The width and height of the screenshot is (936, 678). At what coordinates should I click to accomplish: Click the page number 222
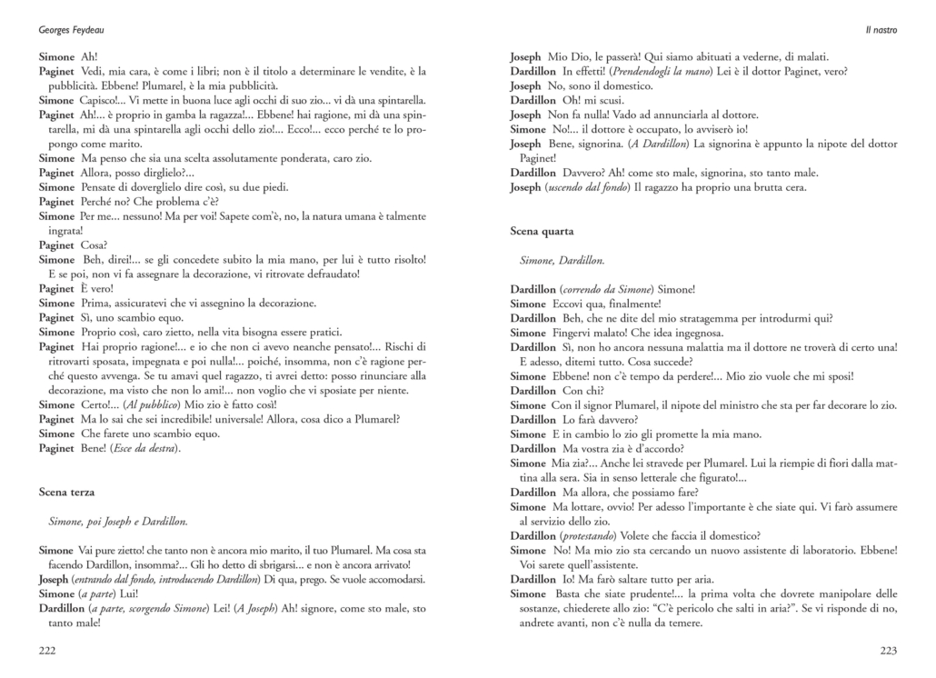click(x=47, y=651)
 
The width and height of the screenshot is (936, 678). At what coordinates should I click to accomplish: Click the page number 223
click(x=888, y=651)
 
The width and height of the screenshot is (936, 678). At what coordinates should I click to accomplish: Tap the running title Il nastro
click(x=880, y=30)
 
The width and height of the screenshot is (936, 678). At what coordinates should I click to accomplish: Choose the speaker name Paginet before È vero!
click(x=56, y=288)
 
